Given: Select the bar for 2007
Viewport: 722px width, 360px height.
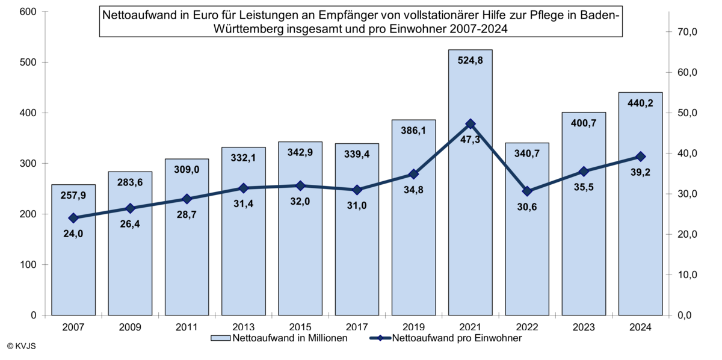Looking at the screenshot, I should point(73,271).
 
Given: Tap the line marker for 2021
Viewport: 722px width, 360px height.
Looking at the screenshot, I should point(471,124).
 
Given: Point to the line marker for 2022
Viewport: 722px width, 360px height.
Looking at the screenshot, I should point(527,191).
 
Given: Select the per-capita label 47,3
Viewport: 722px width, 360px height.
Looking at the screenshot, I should point(471,140).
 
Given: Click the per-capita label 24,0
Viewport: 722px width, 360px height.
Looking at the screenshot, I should point(73,234).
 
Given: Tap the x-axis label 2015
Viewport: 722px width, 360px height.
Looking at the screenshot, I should point(300,326).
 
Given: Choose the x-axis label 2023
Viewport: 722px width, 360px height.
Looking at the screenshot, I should point(584,326).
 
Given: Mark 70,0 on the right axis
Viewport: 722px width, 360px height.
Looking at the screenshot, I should point(687,32).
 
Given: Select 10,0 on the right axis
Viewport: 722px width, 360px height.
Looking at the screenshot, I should point(687,275).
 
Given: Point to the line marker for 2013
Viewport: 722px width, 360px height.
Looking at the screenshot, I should point(244,188).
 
